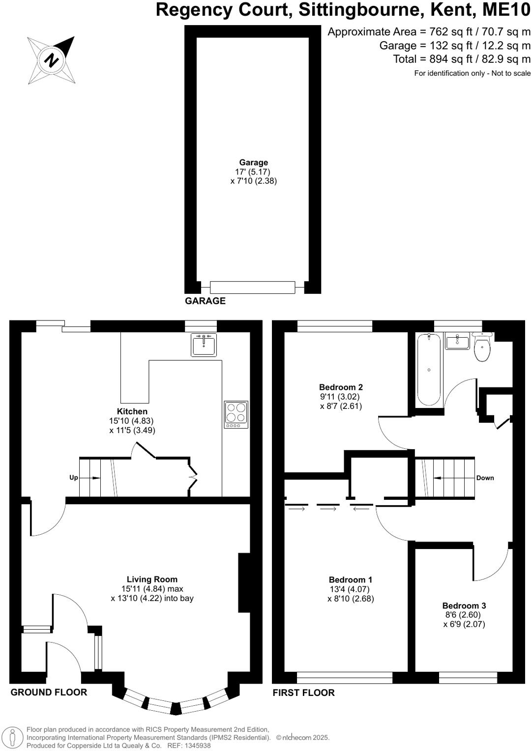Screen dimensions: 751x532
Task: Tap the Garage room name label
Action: click(253, 162)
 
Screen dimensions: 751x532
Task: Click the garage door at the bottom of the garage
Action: click(252, 287)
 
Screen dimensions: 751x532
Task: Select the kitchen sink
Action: click(204, 345)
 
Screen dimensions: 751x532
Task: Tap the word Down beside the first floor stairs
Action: click(485, 478)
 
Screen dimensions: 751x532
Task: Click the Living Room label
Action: click(152, 579)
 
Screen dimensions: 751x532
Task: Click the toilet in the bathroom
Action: click(482, 347)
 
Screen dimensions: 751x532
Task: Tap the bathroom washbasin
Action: click(457, 341)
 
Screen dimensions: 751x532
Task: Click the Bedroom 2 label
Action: click(341, 387)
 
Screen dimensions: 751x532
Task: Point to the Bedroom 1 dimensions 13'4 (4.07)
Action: click(350, 589)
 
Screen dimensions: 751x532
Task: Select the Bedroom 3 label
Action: click(464, 606)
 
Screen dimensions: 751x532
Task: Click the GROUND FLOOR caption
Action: click(49, 692)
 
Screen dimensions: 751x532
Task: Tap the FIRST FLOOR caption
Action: click(303, 693)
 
